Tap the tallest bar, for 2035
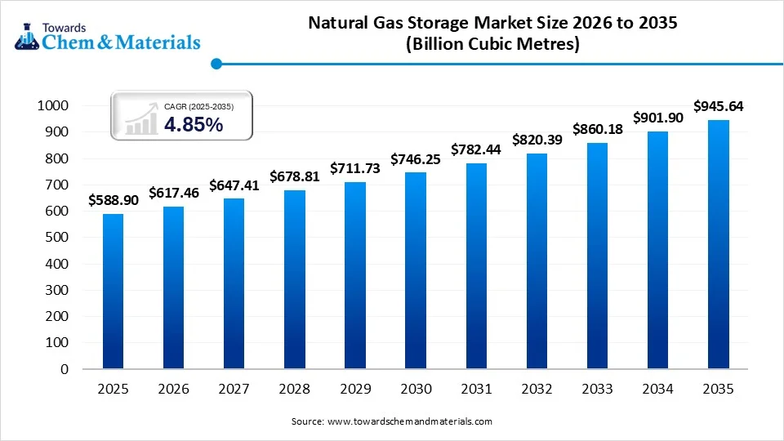tap(718, 244)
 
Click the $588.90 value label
tap(113, 199)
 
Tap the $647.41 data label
tap(234, 185)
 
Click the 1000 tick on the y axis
tap(53, 106)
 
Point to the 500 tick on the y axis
tap(57, 238)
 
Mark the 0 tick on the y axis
tap(65, 369)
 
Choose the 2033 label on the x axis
tap(597, 390)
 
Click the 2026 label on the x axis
tap(173, 390)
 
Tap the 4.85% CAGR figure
tap(194, 124)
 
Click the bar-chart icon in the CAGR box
tap(140, 119)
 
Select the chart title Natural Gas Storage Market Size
tap(492, 24)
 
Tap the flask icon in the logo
tap(25, 35)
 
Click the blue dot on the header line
tap(216, 64)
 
